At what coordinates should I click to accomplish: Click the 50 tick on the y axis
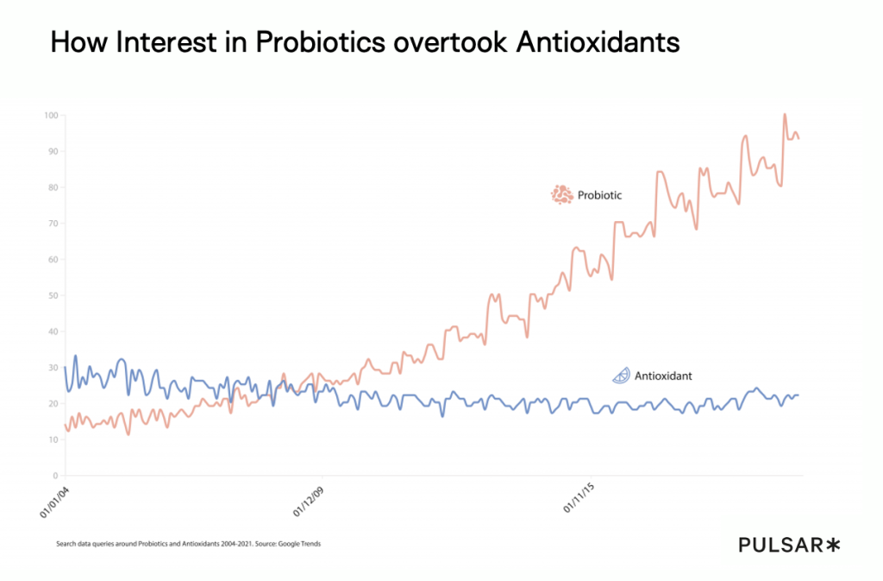pyautogui.click(x=53, y=295)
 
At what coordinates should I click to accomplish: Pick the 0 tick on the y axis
pyautogui.click(x=55, y=476)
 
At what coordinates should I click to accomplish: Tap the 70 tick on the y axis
pyautogui.click(x=53, y=224)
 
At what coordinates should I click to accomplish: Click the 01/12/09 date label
pyautogui.click(x=310, y=501)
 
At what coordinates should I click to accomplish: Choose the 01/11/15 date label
pyautogui.click(x=580, y=501)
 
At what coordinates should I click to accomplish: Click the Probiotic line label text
pyautogui.click(x=599, y=196)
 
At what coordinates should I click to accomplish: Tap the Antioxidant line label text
pyautogui.click(x=663, y=376)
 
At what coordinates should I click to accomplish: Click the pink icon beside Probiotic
pyautogui.click(x=562, y=195)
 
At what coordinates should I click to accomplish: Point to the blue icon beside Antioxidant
pyautogui.click(x=621, y=376)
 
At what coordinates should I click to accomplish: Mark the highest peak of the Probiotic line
pyautogui.click(x=785, y=115)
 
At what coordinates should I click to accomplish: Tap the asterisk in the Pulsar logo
pyautogui.click(x=832, y=544)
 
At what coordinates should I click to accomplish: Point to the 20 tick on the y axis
pyautogui.click(x=53, y=403)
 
